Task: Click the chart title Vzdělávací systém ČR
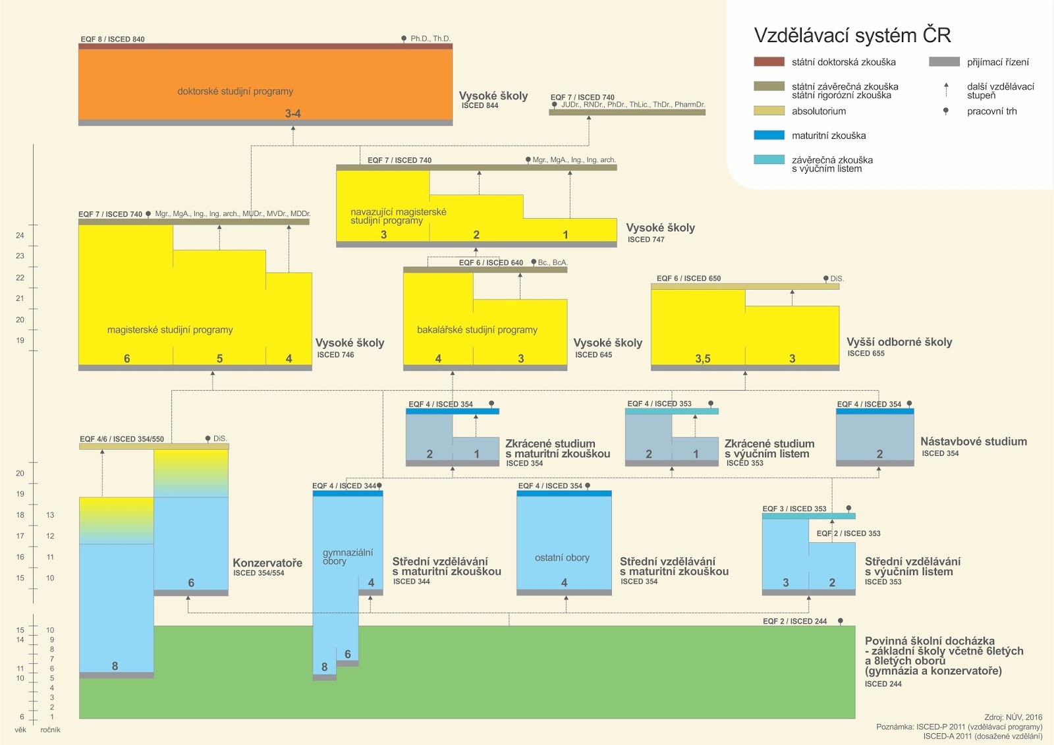pyautogui.click(x=852, y=35)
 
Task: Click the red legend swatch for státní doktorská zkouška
pyautogui.click(x=769, y=62)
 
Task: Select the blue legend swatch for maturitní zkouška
pyautogui.click(x=769, y=135)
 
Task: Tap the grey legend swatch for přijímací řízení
pyautogui.click(x=944, y=62)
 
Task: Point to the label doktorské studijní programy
pyautogui.click(x=235, y=92)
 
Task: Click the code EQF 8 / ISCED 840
pyautogui.click(x=113, y=40)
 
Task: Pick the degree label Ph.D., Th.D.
pyautogui.click(x=430, y=39)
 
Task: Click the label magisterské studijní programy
pyautogui.click(x=170, y=330)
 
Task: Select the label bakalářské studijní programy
pyautogui.click(x=477, y=330)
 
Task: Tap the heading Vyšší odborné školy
pyautogui.click(x=899, y=342)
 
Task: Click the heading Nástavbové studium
pyautogui.click(x=973, y=441)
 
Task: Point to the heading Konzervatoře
pyautogui.click(x=267, y=563)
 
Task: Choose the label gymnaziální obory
pyautogui.click(x=347, y=557)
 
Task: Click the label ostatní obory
pyautogui.click(x=562, y=558)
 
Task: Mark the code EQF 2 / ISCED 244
pyautogui.click(x=794, y=621)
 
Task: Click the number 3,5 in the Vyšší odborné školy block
pyautogui.click(x=703, y=359)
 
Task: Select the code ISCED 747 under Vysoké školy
pyautogui.click(x=646, y=240)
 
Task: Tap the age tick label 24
pyautogui.click(x=20, y=235)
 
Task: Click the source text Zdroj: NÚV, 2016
pyautogui.click(x=1013, y=717)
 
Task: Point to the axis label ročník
pyautogui.click(x=50, y=730)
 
